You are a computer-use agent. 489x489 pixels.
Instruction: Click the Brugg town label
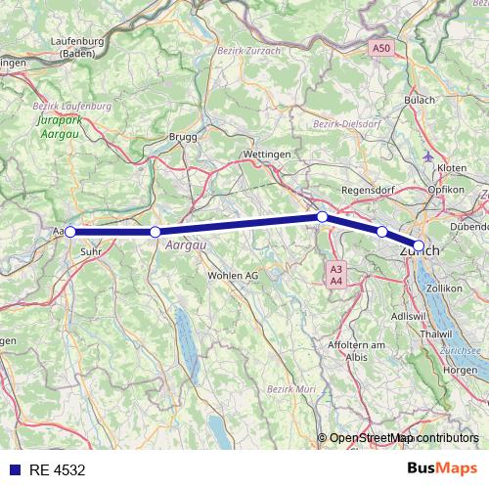point(183,138)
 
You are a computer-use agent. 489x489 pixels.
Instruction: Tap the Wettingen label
point(265,156)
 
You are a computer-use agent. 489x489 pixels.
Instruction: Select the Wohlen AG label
point(232,276)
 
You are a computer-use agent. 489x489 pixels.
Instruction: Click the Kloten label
point(453,168)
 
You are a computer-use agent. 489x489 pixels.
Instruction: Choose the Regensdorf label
point(367,189)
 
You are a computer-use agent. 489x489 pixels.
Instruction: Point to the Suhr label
point(91,250)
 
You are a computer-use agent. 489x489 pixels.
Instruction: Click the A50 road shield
point(380,47)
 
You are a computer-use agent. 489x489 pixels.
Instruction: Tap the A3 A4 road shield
point(335,275)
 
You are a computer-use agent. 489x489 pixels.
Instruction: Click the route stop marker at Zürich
point(419,245)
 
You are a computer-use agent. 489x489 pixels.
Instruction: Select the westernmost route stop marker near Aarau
point(69,232)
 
